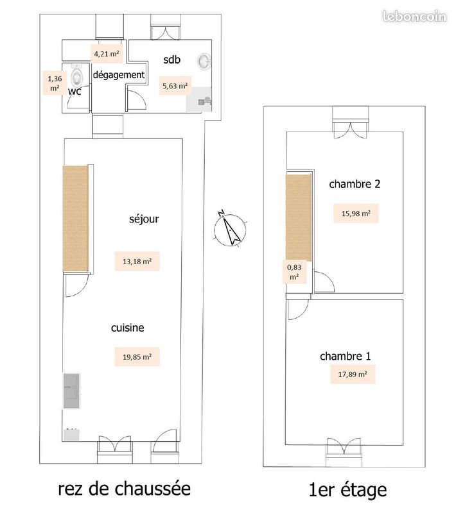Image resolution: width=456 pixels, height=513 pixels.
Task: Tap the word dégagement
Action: click(x=119, y=75)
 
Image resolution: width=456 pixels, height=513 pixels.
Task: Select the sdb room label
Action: click(x=172, y=60)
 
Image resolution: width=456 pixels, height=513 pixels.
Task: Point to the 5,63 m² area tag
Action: click(x=175, y=85)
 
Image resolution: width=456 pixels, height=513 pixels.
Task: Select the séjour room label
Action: click(x=144, y=219)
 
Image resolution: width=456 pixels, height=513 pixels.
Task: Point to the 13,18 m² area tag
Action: click(x=137, y=261)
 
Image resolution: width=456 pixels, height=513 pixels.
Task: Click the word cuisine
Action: click(x=127, y=328)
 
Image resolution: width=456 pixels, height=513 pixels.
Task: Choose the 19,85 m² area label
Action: click(x=137, y=357)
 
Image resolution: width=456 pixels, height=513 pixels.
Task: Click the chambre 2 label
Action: click(x=355, y=184)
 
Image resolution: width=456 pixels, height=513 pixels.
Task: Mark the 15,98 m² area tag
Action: click(x=355, y=214)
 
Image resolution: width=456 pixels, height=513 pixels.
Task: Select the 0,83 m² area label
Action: click(x=294, y=272)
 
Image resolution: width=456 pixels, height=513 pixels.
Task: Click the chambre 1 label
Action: click(x=346, y=356)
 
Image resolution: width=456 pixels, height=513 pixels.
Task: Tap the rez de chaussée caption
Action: click(x=124, y=489)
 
